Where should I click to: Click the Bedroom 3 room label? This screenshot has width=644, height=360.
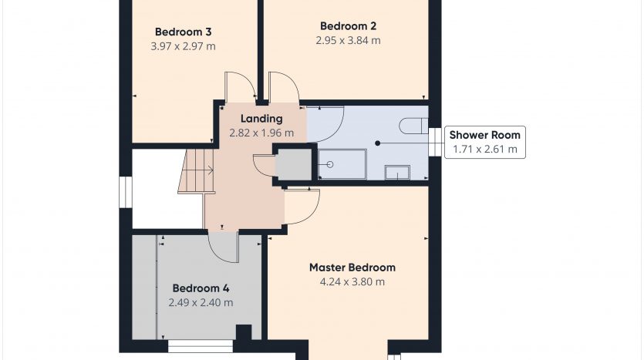(184, 32)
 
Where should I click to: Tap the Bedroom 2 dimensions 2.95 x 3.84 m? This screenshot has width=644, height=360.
(349, 40)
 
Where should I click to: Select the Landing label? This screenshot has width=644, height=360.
(261, 119)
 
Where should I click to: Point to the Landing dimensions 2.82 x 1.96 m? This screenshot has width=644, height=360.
(261, 133)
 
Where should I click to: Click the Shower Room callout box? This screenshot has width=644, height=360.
(484, 142)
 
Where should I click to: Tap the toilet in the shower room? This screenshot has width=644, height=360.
(413, 126)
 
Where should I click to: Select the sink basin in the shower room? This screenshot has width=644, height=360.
(397, 173)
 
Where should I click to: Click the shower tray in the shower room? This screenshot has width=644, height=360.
(342, 164)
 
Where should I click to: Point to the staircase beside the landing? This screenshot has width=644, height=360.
(197, 171)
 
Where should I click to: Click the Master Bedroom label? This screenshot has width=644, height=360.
(352, 267)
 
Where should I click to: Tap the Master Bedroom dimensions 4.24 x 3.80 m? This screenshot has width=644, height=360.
(352, 282)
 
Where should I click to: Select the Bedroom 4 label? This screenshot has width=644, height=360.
(201, 288)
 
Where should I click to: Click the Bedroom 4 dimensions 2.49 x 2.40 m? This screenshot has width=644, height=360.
(201, 303)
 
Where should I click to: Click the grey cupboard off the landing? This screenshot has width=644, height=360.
(293, 164)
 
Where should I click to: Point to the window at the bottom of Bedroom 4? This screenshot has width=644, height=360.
(201, 346)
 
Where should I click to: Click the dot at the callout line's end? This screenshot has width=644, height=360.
(377, 143)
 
